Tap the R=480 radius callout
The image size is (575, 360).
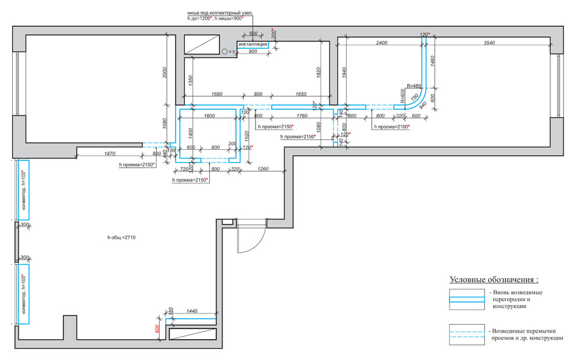point(414,85)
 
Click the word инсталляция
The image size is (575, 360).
point(253,44)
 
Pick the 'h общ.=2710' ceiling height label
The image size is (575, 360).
point(121,237)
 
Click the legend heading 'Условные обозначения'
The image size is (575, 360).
point(498,279)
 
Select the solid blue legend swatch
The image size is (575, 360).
point(466,299)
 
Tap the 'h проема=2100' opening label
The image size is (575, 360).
point(392,127)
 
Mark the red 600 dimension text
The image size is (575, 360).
point(157,328)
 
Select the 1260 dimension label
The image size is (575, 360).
point(263,169)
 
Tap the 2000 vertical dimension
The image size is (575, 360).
point(164,71)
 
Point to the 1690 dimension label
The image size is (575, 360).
point(216,94)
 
